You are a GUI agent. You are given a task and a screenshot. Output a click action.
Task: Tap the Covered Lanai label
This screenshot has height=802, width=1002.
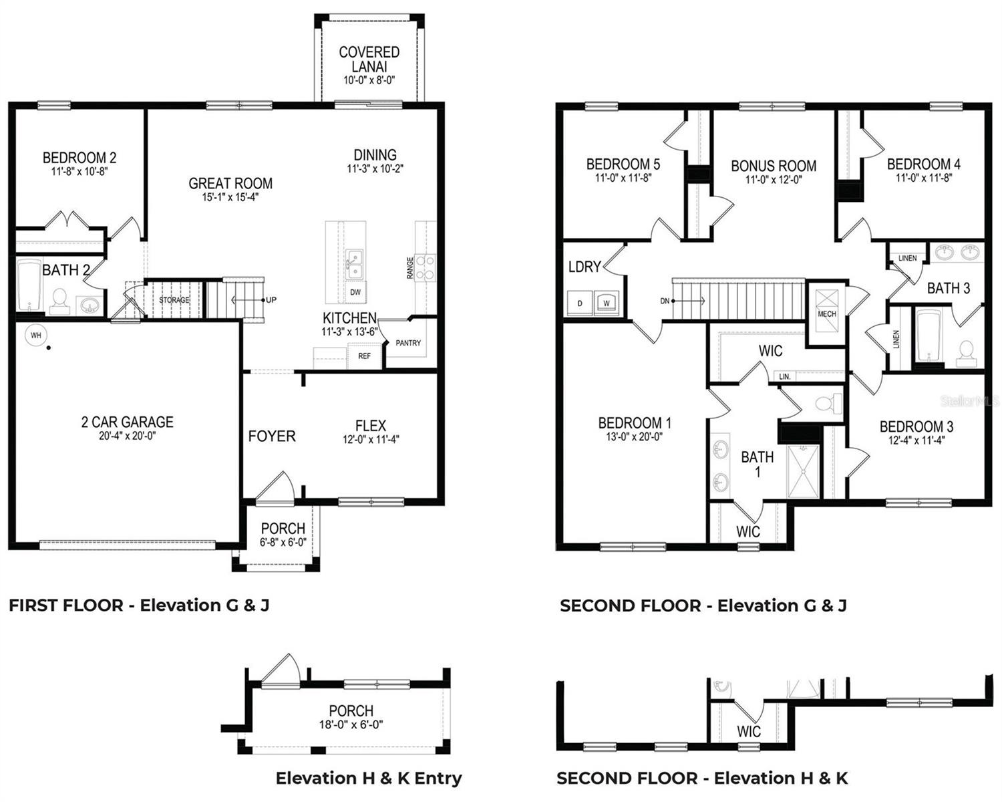click(x=369, y=59)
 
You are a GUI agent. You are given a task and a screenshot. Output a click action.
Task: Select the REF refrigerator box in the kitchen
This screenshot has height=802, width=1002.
click(x=364, y=356)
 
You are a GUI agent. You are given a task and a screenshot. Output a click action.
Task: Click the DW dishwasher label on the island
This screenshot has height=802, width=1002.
click(x=355, y=293)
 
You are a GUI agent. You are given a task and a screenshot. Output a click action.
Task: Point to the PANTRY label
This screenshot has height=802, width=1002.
click(x=408, y=343)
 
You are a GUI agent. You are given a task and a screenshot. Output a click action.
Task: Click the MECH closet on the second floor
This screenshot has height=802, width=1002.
click(x=826, y=313)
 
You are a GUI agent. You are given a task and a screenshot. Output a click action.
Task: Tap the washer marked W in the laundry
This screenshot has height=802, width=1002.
click(x=607, y=303)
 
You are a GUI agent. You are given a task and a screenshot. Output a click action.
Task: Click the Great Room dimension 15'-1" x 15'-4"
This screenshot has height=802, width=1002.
click(x=230, y=197)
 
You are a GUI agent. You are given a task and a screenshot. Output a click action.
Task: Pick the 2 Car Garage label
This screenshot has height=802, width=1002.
click(x=127, y=422)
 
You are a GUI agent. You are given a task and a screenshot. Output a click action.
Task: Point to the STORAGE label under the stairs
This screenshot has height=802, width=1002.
click(x=174, y=300)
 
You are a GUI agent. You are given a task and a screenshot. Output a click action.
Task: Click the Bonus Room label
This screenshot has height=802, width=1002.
click(x=773, y=166)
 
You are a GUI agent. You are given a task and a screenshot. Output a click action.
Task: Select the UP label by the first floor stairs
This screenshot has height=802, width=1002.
click(x=271, y=300)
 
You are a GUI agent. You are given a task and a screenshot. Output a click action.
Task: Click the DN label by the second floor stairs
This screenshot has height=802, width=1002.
click(x=665, y=301)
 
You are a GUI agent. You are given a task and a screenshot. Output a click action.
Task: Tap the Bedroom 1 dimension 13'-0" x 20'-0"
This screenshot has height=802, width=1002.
click(x=635, y=437)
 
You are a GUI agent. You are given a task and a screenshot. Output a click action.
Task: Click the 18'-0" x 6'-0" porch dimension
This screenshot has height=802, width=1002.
click(x=351, y=724)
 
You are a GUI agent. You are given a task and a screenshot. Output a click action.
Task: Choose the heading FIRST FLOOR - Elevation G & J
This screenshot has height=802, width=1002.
click(x=139, y=606)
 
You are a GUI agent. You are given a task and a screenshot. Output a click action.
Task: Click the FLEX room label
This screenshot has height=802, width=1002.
click(x=370, y=426)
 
